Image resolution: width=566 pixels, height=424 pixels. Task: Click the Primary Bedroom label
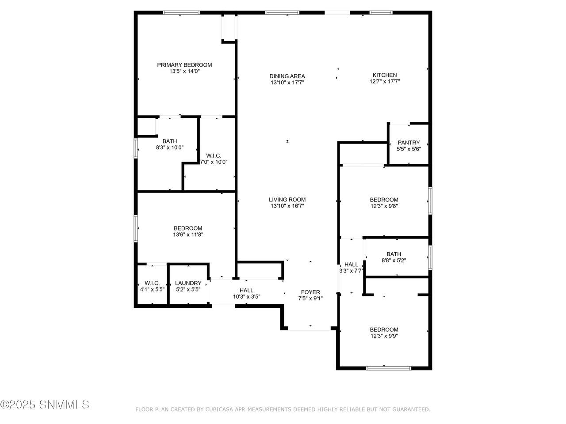pyautogui.click(x=184, y=65)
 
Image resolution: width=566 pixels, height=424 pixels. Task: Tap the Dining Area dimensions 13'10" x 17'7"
pyautogui.click(x=287, y=83)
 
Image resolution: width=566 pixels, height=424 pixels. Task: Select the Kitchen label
pyautogui.click(x=384, y=75)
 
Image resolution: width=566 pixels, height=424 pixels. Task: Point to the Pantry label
pyautogui.click(x=409, y=143)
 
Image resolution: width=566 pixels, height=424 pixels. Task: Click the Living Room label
pyautogui.click(x=287, y=200)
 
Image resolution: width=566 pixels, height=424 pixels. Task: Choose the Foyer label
pyautogui.click(x=310, y=292)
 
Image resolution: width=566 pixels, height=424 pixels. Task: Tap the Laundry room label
pyautogui.click(x=188, y=283)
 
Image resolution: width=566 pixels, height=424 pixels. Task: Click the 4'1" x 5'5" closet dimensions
pyautogui.click(x=152, y=289)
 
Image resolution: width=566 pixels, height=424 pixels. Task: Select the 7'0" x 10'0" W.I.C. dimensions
pyautogui.click(x=214, y=162)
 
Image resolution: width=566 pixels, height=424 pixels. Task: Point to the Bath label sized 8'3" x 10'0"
pyautogui.click(x=170, y=141)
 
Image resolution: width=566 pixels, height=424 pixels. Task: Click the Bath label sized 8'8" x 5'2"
pyautogui.click(x=394, y=254)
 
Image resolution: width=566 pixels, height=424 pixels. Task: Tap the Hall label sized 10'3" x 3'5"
pyautogui.click(x=246, y=290)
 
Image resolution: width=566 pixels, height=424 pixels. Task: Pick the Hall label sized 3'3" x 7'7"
pyautogui.click(x=351, y=265)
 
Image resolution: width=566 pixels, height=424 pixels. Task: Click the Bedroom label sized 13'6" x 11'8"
pyautogui.click(x=188, y=228)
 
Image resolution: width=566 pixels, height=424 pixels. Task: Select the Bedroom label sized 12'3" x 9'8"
pyautogui.click(x=384, y=200)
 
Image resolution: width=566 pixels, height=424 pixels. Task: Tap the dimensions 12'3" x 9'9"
pyautogui.click(x=384, y=336)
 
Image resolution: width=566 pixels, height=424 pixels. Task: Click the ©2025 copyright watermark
pyautogui.click(x=45, y=405)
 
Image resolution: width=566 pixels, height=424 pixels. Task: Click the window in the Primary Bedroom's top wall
pyautogui.click(x=181, y=12)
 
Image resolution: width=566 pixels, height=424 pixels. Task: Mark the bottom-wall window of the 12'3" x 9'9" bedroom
pyautogui.click(x=389, y=368)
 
